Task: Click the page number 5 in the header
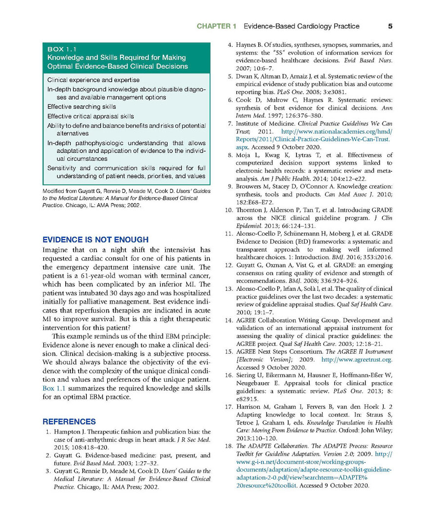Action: point(390,26)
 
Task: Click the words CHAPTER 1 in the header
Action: point(216,26)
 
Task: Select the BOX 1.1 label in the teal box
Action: point(62,49)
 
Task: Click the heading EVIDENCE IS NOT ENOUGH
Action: point(95,240)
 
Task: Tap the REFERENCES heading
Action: point(69,422)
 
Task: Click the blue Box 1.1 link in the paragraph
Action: point(55,388)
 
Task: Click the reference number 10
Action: point(228,210)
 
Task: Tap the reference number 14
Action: point(228,320)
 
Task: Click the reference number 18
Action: point(228,446)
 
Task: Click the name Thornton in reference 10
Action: point(251,210)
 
